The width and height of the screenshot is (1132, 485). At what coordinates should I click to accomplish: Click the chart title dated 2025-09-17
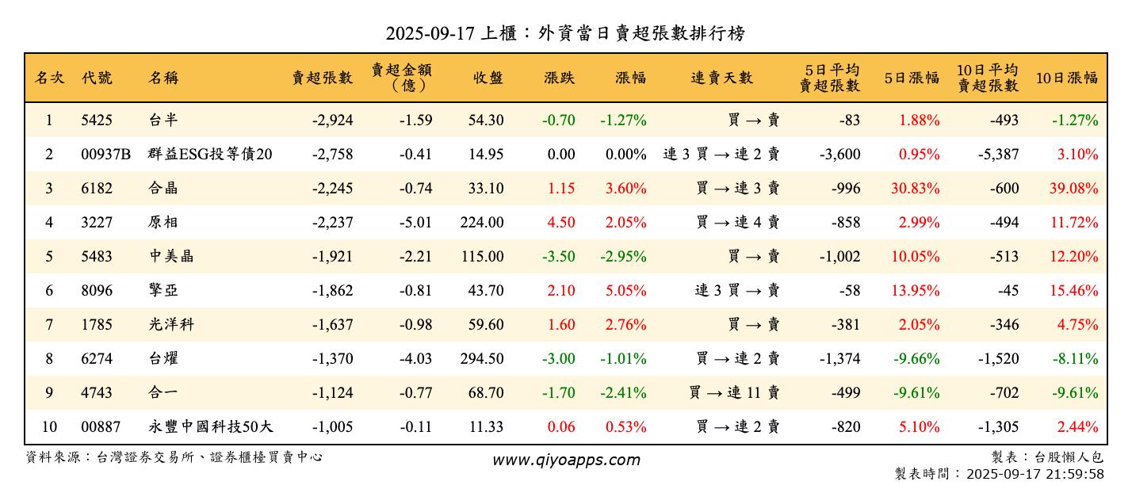[565, 33]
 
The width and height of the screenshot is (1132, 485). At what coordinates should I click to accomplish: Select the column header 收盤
[488, 78]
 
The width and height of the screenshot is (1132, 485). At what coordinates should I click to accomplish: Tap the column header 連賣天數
[721, 78]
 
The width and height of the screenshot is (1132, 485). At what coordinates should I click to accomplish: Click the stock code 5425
[97, 120]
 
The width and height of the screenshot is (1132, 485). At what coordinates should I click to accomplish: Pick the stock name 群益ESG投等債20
[210, 155]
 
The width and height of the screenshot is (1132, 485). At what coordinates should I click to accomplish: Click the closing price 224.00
[481, 223]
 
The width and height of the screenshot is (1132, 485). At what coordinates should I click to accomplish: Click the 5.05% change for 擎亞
[625, 291]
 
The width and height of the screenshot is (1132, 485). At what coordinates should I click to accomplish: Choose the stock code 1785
[97, 325]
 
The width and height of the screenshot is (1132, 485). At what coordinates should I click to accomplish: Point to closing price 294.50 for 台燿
[481, 359]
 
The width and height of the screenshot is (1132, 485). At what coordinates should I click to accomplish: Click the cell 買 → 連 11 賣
[735, 393]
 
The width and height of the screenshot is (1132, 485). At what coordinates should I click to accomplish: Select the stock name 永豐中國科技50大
[211, 427]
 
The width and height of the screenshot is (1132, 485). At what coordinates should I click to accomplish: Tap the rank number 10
[49, 427]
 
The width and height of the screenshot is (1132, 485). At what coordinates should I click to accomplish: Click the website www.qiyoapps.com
[565, 460]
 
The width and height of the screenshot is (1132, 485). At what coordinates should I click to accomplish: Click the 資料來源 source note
[174, 457]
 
